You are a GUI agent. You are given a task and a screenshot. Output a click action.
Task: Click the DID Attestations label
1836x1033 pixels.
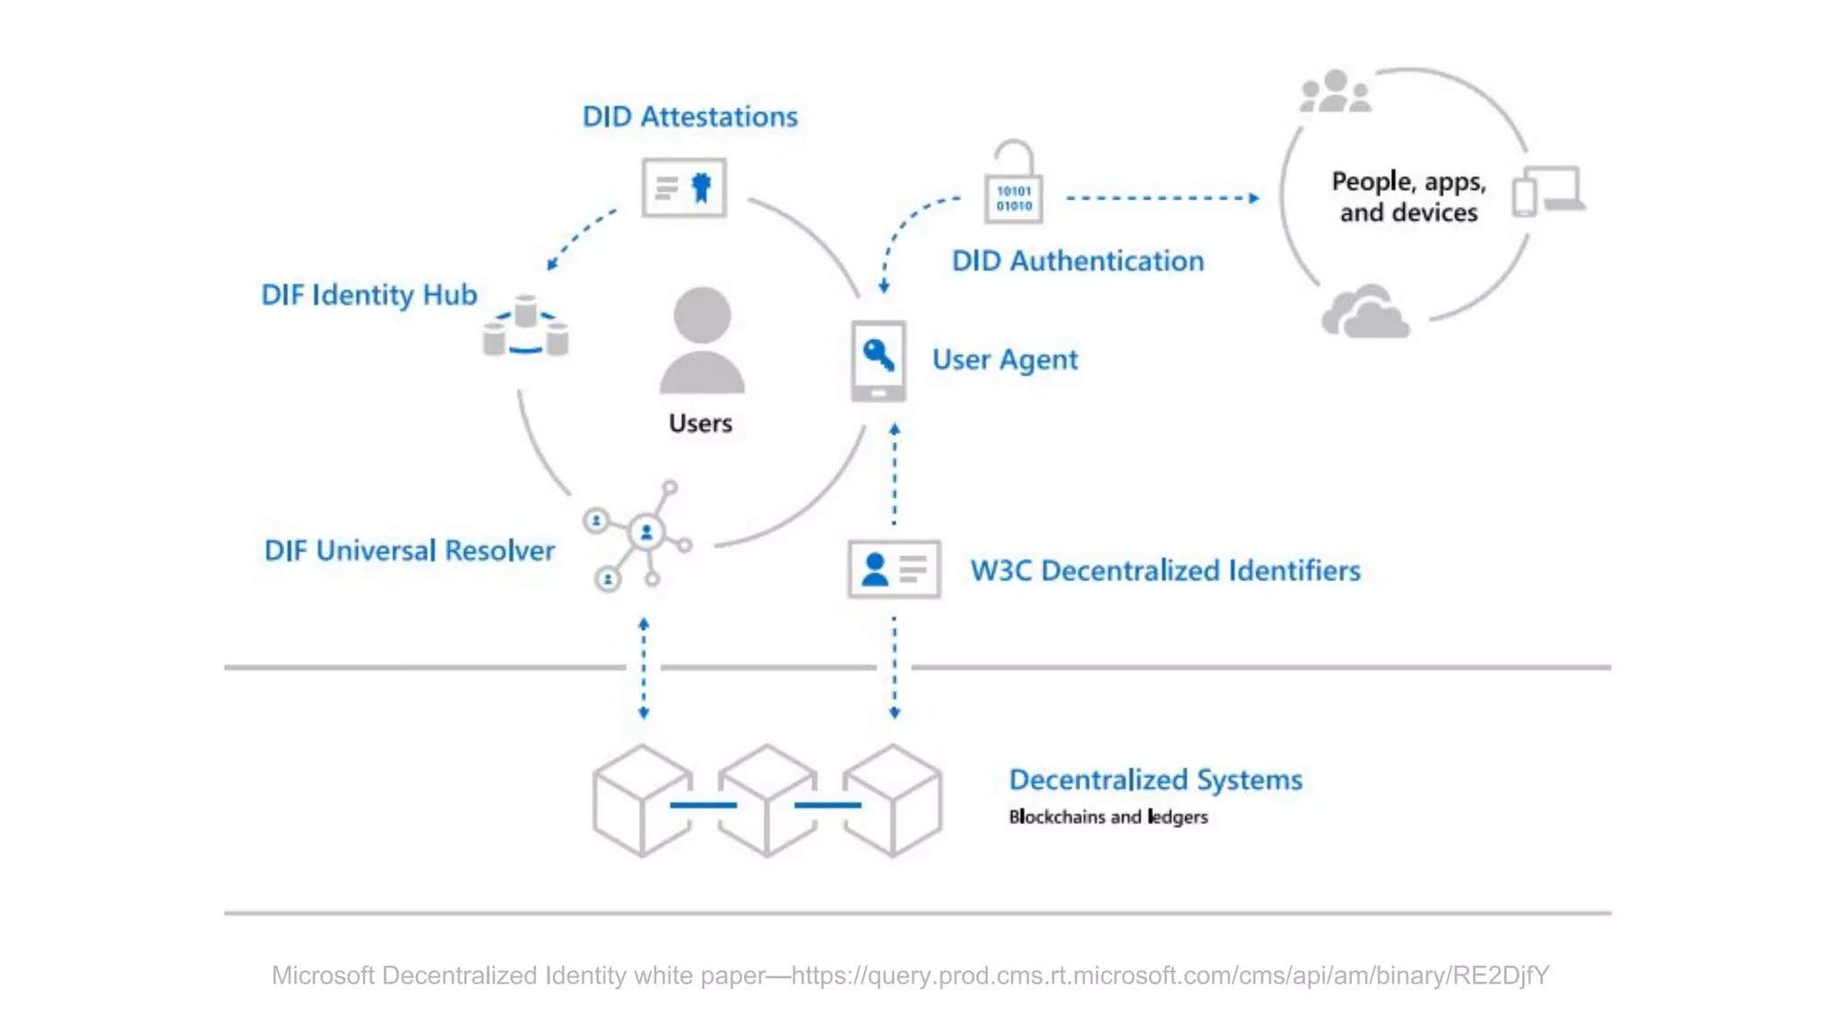(x=689, y=117)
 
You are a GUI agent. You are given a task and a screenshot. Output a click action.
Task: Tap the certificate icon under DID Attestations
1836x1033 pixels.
(x=684, y=187)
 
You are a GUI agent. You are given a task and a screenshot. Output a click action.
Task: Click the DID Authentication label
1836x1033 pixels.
(x=1078, y=261)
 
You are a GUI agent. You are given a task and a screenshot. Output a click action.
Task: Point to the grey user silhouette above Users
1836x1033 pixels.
(x=702, y=341)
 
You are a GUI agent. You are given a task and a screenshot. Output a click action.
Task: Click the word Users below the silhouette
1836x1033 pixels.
(x=700, y=423)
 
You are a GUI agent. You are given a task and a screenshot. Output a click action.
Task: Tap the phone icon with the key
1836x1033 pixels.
(x=879, y=360)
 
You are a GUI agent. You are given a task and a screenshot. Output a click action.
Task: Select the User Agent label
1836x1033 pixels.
(x=1005, y=360)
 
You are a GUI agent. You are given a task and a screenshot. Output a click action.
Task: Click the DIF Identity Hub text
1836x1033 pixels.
(x=368, y=295)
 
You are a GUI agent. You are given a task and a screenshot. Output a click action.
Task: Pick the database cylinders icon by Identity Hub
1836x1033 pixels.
(x=525, y=327)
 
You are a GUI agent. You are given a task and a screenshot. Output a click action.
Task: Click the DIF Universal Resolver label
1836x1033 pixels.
(x=409, y=551)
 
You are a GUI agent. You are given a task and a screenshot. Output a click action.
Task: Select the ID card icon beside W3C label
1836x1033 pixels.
(x=894, y=569)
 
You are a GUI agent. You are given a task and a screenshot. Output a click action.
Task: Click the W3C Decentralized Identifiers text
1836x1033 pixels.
(x=1165, y=570)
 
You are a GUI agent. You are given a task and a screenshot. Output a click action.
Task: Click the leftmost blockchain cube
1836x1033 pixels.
(x=642, y=800)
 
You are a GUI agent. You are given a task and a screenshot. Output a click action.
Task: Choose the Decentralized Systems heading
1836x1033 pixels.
(x=1156, y=780)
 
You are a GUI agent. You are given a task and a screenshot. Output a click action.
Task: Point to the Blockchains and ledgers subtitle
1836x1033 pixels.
(x=1108, y=817)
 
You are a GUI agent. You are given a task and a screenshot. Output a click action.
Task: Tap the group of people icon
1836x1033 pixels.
(x=1335, y=92)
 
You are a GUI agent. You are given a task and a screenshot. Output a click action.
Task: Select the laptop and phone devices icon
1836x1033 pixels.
(x=1548, y=191)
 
